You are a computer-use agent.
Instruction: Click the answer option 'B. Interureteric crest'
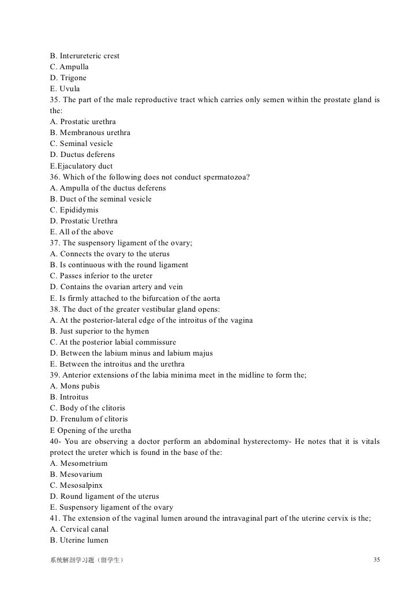(85, 56)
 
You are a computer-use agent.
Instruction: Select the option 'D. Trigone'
(68, 78)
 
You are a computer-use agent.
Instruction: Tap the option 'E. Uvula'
(65, 89)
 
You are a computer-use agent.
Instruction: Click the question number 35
(55, 100)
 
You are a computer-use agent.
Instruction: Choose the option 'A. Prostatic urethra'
(83, 122)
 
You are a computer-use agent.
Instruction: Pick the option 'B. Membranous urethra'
(90, 133)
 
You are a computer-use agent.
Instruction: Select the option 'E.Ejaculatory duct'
(81, 166)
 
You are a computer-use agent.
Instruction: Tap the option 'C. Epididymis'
(74, 210)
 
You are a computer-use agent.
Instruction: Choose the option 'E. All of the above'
(82, 231)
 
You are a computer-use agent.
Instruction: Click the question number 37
(55, 243)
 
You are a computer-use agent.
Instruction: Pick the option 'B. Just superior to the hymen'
(99, 331)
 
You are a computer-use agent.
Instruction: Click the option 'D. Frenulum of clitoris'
(89, 419)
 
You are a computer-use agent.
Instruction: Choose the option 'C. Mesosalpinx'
(76, 485)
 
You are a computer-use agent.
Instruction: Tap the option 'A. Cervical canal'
(80, 529)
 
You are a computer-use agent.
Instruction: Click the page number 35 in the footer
(377, 561)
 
